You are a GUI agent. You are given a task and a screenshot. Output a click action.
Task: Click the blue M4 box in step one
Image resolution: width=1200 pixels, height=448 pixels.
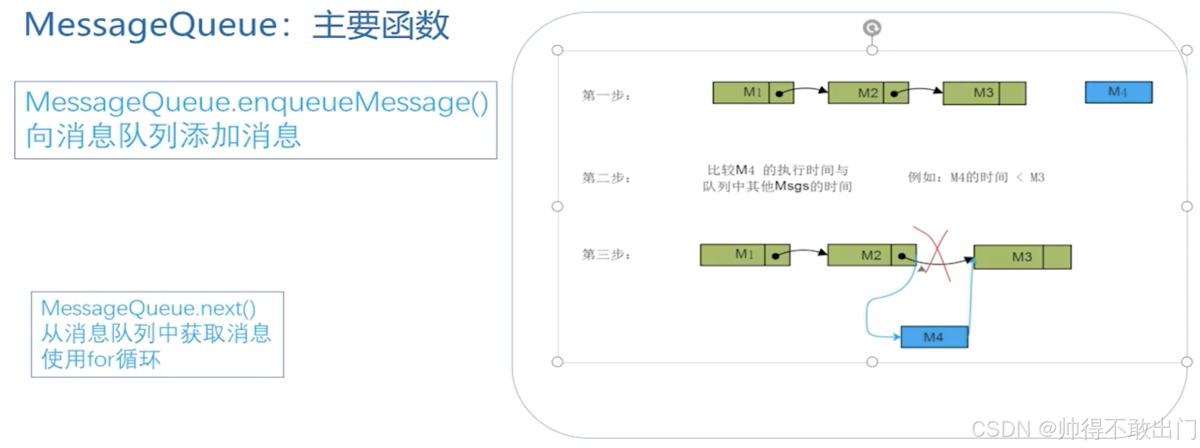pos(1118,92)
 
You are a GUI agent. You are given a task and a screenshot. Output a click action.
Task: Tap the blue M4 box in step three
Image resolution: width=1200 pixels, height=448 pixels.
pos(934,337)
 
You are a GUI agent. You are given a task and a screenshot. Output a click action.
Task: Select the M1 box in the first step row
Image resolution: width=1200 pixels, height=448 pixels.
pos(752,93)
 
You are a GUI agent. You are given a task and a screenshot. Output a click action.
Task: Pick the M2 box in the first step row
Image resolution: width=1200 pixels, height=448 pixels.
pos(868,93)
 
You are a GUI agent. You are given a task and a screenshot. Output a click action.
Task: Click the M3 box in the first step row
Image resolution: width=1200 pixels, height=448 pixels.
pos(984,93)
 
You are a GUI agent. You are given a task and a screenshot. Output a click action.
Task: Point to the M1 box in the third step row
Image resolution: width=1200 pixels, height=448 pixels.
pos(744,255)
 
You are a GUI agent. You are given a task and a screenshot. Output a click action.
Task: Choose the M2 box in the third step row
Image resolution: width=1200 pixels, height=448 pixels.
pos(871,255)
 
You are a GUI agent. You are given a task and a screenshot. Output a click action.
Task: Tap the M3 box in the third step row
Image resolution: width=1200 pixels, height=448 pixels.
pos(1022,257)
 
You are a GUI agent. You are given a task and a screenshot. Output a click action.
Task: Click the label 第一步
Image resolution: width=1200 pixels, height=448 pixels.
pos(606,95)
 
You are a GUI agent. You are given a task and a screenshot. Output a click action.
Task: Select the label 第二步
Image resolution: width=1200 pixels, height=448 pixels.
pos(606,177)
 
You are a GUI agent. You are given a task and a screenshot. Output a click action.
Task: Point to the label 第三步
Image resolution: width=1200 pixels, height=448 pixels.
pos(606,254)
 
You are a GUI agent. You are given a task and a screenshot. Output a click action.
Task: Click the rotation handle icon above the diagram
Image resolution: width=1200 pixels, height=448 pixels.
pos(872,27)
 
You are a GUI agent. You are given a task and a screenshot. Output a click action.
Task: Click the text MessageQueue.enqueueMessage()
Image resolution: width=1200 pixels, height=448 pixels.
pos(256,102)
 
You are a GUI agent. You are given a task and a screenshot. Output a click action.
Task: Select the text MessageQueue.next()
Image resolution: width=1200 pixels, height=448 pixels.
pos(148,308)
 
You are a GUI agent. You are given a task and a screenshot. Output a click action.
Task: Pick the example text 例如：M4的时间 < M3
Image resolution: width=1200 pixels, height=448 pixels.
pos(976,177)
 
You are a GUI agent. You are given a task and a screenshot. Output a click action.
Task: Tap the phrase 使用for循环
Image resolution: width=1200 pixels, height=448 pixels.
pos(101,359)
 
